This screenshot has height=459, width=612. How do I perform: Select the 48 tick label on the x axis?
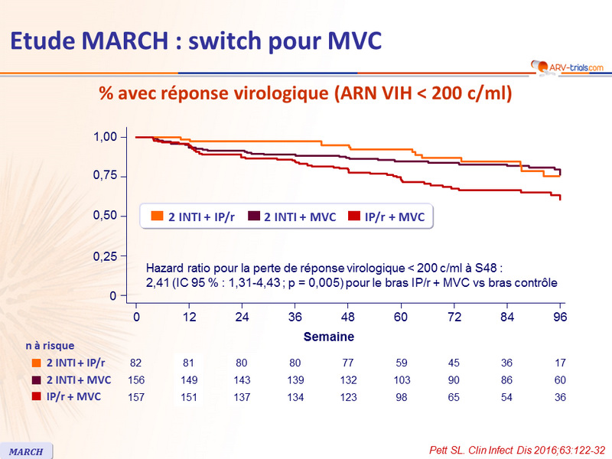coord(349,317)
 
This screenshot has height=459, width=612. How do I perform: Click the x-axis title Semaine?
coord(328,337)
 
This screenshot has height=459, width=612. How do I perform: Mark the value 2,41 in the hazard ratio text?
coord(156,282)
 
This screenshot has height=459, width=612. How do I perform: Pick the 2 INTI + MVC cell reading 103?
coord(401,379)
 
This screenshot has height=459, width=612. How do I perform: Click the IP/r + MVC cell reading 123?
coord(349,397)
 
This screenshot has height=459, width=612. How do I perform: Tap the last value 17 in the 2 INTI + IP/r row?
coord(561,363)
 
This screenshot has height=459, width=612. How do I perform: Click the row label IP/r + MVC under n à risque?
coord(73,397)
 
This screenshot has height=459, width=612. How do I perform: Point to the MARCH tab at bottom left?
coord(27,451)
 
